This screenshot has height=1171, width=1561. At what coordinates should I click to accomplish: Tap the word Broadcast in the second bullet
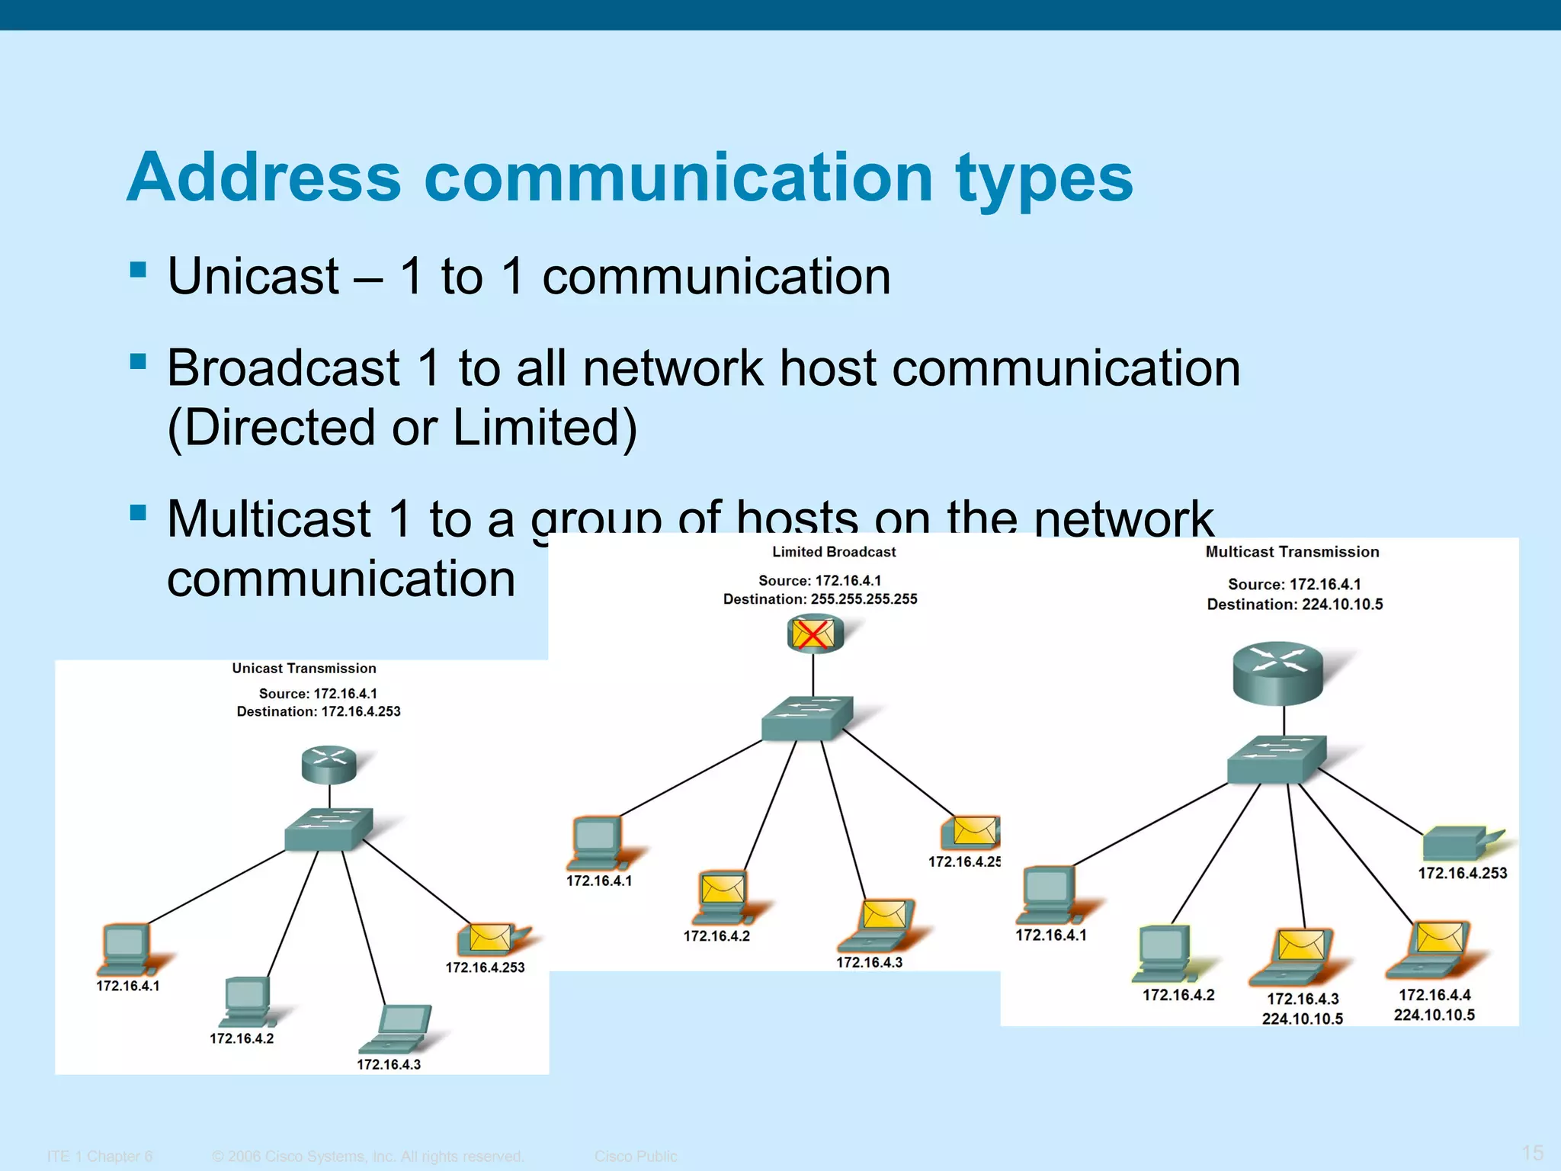[283, 368]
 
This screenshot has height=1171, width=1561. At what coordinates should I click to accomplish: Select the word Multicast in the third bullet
[269, 519]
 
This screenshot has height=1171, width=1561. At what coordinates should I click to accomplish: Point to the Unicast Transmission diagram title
[304, 669]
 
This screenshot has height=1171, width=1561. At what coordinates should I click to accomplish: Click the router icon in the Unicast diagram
[329, 765]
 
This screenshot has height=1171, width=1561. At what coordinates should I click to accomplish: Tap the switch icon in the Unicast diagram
[329, 829]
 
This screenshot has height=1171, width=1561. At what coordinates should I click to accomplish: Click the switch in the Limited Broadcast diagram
[806, 718]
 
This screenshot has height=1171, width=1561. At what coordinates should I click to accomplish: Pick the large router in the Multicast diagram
[1278, 672]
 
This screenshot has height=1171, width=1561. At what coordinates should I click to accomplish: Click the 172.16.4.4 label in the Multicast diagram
[1434, 995]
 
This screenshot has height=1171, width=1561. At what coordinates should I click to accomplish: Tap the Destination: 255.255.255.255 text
[820, 599]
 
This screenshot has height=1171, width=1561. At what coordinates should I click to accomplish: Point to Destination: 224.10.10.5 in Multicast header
[1294, 605]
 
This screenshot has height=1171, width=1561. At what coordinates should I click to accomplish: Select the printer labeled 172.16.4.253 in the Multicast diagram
[1457, 843]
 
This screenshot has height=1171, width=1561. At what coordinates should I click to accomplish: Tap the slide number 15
[1532, 1153]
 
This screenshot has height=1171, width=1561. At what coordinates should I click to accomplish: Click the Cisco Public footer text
[636, 1157]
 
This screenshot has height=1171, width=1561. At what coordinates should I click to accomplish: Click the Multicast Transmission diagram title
[1292, 552]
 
